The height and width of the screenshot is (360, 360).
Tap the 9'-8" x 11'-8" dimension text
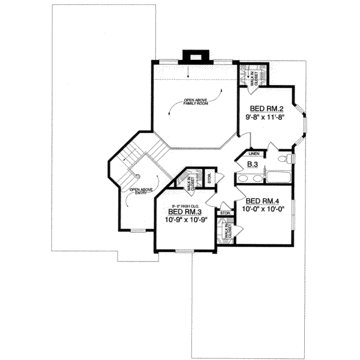tap(265, 118)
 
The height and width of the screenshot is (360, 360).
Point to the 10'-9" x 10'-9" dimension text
tap(185, 220)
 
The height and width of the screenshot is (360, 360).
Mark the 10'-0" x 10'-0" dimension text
tap(263, 210)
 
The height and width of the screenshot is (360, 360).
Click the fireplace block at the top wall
tap(195, 55)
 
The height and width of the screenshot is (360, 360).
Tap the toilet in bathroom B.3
tap(289, 160)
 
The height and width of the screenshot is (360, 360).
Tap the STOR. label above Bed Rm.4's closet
tap(226, 213)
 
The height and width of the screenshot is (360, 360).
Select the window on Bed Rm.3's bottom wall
tap(185, 250)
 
